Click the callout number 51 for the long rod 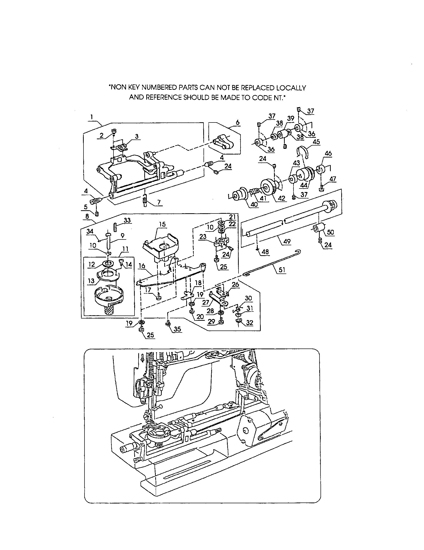click(x=282, y=270)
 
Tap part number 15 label click(x=162, y=224)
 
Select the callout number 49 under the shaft click(x=287, y=241)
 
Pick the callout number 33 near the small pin click(x=127, y=220)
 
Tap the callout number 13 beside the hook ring click(x=91, y=280)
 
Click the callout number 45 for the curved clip click(x=316, y=142)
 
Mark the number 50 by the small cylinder click(x=330, y=232)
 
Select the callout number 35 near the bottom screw click(x=177, y=329)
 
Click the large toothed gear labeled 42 click(x=267, y=187)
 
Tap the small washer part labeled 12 click(x=108, y=263)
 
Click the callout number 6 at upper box click(x=237, y=123)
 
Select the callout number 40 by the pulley click(x=254, y=204)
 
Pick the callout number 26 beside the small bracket click(x=235, y=284)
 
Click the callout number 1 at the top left click(x=92, y=117)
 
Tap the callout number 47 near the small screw click(x=332, y=179)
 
